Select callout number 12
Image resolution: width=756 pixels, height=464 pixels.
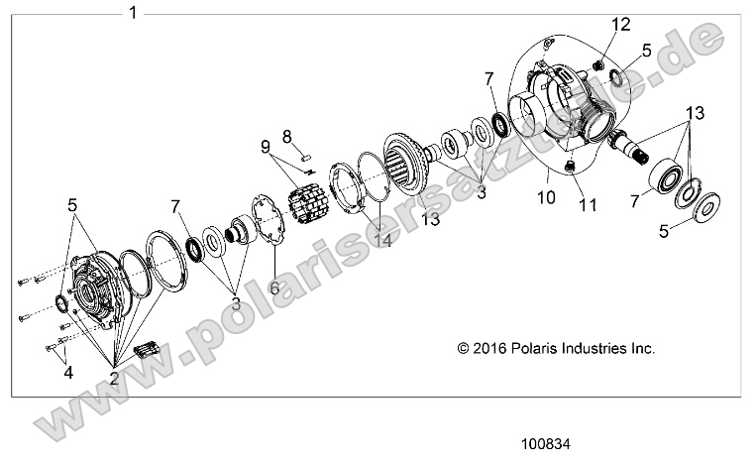(x=620, y=24)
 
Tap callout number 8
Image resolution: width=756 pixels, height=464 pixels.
(x=287, y=135)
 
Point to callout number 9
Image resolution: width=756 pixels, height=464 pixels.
(x=267, y=148)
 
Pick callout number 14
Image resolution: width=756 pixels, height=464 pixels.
(x=381, y=239)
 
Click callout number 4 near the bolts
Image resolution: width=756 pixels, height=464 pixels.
(x=68, y=373)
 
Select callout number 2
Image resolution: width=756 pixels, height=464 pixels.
(x=115, y=378)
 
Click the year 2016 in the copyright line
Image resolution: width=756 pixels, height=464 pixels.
(x=494, y=349)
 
